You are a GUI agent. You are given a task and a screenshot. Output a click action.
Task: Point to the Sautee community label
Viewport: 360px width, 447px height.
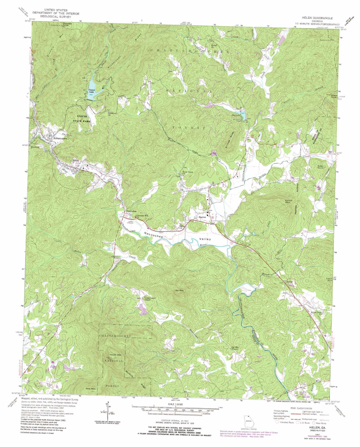(x=202, y=217)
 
